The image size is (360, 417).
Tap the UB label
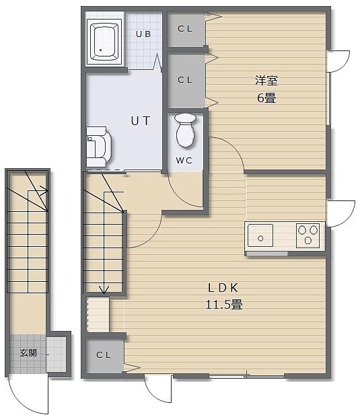point(143,34)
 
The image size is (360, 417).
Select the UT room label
point(141,121)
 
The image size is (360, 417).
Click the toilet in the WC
point(186,130)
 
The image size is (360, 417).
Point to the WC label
point(184,160)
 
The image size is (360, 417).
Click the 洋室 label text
point(266,81)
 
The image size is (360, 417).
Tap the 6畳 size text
point(266,98)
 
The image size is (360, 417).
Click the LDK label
point(223,288)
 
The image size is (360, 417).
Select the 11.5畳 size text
point(224,304)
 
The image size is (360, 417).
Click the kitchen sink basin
point(260,235)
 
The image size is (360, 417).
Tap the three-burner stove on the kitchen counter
point(308,235)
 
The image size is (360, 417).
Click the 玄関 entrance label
point(28,353)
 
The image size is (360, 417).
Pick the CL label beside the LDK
point(104,354)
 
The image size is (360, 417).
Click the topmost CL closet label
point(185,29)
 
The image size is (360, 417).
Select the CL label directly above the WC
point(185,79)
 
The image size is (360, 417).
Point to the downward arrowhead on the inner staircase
point(104,290)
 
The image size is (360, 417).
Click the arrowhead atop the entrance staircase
point(43,191)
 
